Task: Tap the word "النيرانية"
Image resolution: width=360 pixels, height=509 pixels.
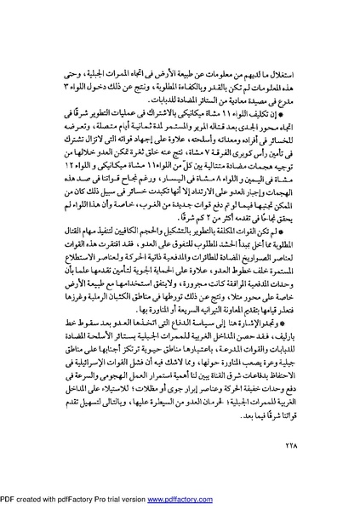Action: (x=198, y=322)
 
